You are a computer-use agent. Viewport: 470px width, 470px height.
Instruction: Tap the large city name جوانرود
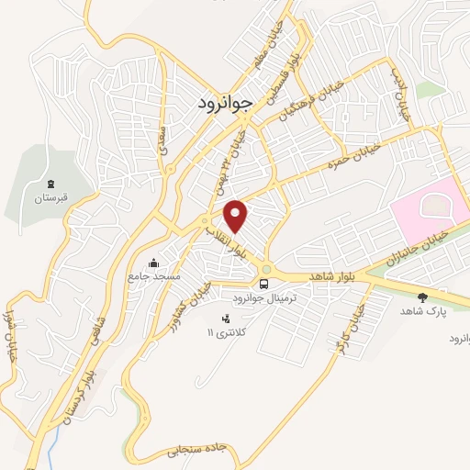click(x=224, y=104)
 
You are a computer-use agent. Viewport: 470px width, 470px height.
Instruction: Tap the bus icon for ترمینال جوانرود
click(x=264, y=283)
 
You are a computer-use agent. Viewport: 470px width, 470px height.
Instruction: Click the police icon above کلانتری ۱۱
click(x=226, y=318)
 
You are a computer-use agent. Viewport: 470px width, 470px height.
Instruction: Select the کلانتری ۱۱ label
click(x=226, y=332)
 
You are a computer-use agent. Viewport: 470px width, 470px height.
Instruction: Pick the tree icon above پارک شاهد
click(x=423, y=297)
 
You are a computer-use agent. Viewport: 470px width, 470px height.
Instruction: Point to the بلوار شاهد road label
click(x=331, y=275)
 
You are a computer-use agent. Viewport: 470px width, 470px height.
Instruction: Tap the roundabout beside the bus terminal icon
click(x=266, y=268)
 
